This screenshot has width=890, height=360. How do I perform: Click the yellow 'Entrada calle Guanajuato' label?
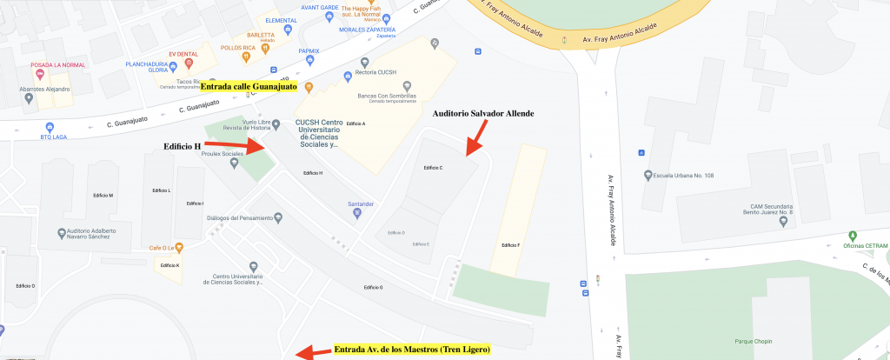click(249, 87)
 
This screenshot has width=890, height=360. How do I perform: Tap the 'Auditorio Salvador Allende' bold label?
click(483, 114)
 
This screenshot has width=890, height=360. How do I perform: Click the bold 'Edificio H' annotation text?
click(182, 145)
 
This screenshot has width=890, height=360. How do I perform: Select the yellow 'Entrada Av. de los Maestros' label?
click(412, 350)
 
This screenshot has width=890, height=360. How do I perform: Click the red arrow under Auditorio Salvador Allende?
click(474, 140)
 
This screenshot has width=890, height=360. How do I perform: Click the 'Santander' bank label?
click(361, 204)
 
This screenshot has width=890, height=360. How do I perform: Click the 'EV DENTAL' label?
click(184, 55)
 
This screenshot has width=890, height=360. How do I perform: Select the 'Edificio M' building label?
click(104, 195)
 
